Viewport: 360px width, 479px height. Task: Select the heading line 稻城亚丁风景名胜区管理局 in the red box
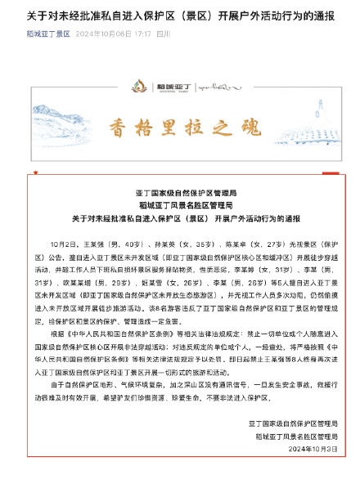coord(180,204)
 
